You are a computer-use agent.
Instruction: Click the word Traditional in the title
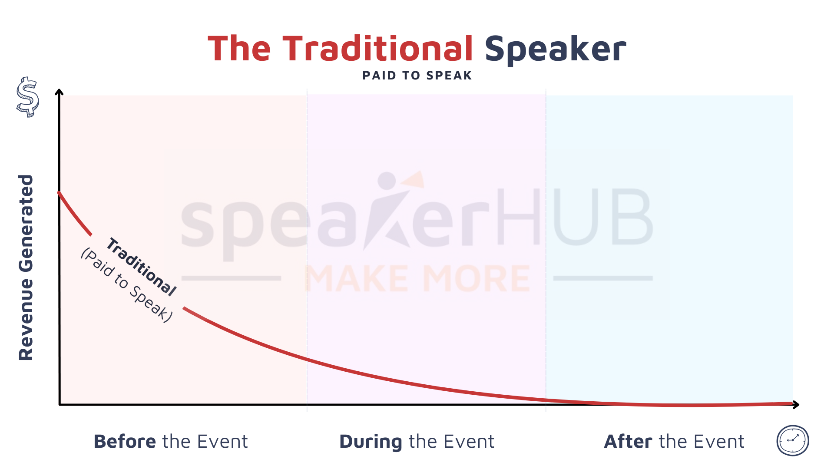tap(377, 48)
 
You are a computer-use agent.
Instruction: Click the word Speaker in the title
tap(556, 50)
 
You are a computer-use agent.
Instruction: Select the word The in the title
tap(239, 48)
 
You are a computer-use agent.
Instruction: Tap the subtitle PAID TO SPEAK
tap(417, 76)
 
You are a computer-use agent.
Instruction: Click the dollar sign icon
tap(27, 97)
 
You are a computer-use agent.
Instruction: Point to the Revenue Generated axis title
tap(26, 268)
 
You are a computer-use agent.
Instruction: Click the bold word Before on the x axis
tap(125, 442)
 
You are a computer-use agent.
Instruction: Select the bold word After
tap(628, 442)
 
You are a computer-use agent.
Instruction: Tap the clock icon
tap(793, 440)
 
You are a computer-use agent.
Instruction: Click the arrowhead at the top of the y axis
tap(59, 92)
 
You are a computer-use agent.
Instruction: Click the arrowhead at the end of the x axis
tap(796, 405)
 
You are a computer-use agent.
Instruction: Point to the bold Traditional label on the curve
tap(142, 267)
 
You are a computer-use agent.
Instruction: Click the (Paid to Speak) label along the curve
tap(127, 285)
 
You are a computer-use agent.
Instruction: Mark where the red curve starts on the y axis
tap(59, 192)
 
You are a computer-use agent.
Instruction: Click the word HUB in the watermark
tap(574, 217)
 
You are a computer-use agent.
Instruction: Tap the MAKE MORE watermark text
tap(417, 278)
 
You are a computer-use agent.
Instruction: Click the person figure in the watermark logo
tap(389, 211)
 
